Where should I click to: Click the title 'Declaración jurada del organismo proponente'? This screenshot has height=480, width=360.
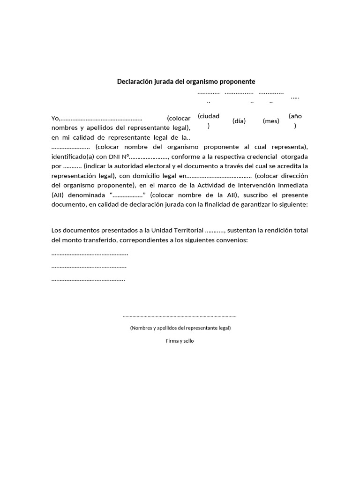pyautogui.click(x=186, y=82)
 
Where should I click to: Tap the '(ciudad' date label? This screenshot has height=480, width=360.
pyautogui.click(x=209, y=116)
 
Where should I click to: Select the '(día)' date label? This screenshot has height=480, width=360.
pyautogui.click(x=239, y=121)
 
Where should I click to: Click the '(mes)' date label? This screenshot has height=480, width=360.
pyautogui.click(x=271, y=121)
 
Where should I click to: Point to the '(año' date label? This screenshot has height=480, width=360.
pyautogui.click(x=295, y=116)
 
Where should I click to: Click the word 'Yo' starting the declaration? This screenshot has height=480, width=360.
pyautogui.click(x=55, y=119)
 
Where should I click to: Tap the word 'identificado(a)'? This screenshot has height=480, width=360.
pyautogui.click(x=73, y=157)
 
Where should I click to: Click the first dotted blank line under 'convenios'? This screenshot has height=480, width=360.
pyautogui.click(x=90, y=254)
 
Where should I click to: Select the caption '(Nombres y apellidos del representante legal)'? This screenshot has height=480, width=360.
pyautogui.click(x=180, y=328)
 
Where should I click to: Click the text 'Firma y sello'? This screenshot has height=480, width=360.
pyautogui.click(x=180, y=341)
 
